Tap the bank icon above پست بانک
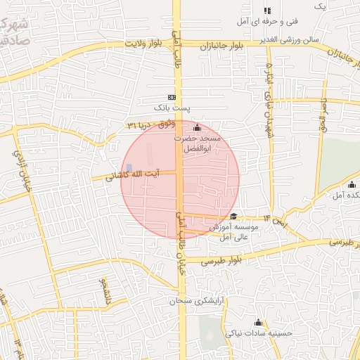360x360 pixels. [172, 97]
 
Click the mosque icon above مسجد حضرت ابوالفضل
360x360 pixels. [196, 128]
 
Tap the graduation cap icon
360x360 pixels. [233, 217]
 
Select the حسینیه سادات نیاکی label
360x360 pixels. [259, 336]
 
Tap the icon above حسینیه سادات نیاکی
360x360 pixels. [259, 323]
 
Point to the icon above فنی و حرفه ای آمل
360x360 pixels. [267, 11]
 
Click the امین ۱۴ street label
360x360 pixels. [277, 221]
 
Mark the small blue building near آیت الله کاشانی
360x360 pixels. [129, 167]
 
